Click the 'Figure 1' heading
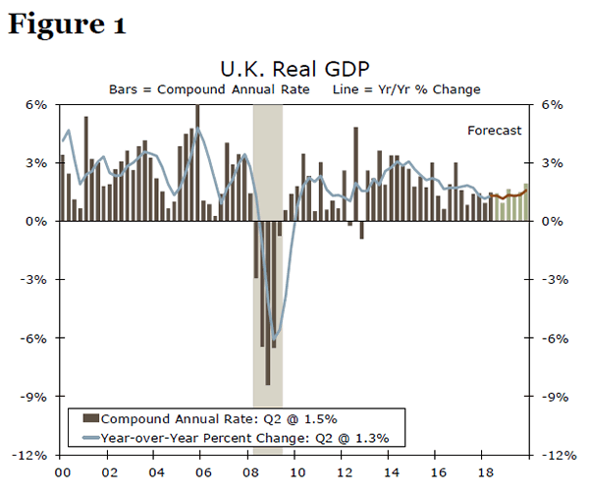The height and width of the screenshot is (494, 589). click(67, 24)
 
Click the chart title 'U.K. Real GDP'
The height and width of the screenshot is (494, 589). click(295, 70)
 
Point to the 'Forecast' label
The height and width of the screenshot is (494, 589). click(494, 130)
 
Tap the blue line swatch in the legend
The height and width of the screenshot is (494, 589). click(90, 438)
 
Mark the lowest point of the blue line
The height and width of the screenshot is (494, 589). click(274, 340)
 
